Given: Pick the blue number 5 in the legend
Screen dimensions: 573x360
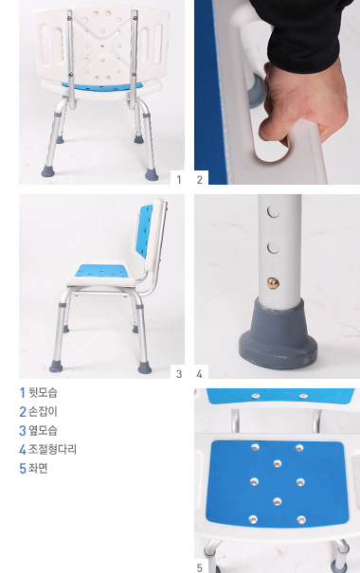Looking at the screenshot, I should (x=23, y=468).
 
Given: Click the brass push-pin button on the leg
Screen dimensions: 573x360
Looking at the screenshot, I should (x=272, y=282).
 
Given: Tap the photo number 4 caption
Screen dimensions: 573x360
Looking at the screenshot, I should (x=200, y=374).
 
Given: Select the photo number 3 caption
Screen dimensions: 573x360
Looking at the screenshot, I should (x=178, y=374).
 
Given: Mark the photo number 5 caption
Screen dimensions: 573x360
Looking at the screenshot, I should (x=200, y=567).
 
